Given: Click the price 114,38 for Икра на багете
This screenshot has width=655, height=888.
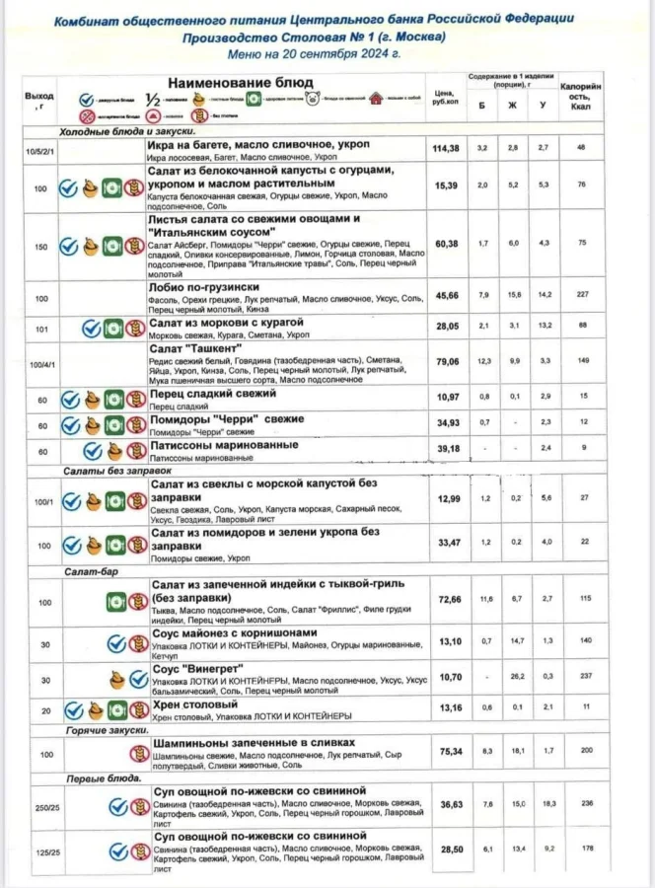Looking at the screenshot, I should (x=447, y=149).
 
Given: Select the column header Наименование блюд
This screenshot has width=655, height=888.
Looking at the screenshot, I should (x=240, y=82).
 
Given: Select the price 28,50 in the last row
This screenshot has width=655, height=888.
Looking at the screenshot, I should (x=447, y=849).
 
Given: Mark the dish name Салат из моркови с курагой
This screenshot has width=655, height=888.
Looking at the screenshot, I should (x=227, y=323).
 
